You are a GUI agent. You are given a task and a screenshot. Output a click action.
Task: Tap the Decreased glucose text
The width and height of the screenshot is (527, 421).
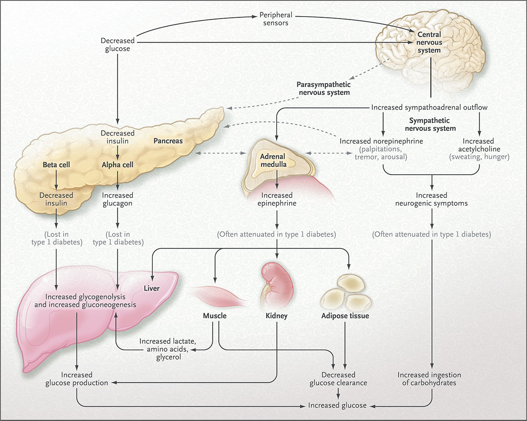pyautogui.click(x=116, y=45)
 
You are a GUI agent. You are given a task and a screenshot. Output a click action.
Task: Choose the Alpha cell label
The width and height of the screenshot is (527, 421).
pyautogui.click(x=117, y=166)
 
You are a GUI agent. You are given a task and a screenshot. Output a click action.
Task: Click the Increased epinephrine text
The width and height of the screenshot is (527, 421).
pyautogui.click(x=277, y=199)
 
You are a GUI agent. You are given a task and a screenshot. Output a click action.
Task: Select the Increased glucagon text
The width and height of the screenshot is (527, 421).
pyautogui.click(x=117, y=199)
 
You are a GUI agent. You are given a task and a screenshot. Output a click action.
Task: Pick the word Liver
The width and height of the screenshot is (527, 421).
pyautogui.click(x=151, y=288)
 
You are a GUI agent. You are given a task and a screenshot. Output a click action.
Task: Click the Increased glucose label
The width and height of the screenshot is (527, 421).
pyautogui.click(x=337, y=405)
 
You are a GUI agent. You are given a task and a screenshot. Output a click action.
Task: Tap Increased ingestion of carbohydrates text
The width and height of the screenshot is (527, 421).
pyautogui.click(x=429, y=378)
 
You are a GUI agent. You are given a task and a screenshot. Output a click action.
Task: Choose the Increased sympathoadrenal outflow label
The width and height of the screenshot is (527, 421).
pyautogui.click(x=429, y=107)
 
